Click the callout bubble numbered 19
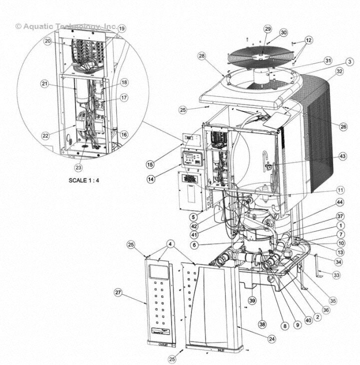(x=121, y=28)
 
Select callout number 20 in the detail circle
(x=48, y=41)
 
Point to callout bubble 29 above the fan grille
(x=267, y=29)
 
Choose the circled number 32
(x=339, y=71)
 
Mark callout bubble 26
(x=343, y=127)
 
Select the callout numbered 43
(x=342, y=156)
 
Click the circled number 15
(x=150, y=164)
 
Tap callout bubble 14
(x=150, y=179)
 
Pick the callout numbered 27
(x=118, y=292)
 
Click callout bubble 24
(x=271, y=339)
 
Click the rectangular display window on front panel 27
(x=159, y=272)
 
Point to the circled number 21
(x=44, y=83)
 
